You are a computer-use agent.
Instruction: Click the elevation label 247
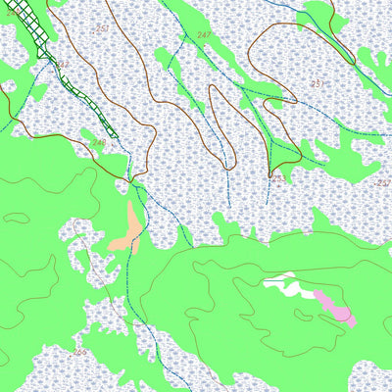coord(204,35)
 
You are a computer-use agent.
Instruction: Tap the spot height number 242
coord(63,66)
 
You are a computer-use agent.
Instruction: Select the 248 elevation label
coord(98,143)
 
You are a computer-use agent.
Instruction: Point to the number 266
coord(79,351)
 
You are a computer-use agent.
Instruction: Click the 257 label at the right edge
coord(382,183)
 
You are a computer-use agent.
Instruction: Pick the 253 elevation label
coord(278,179)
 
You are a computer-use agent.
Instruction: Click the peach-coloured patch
coord(127,227)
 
